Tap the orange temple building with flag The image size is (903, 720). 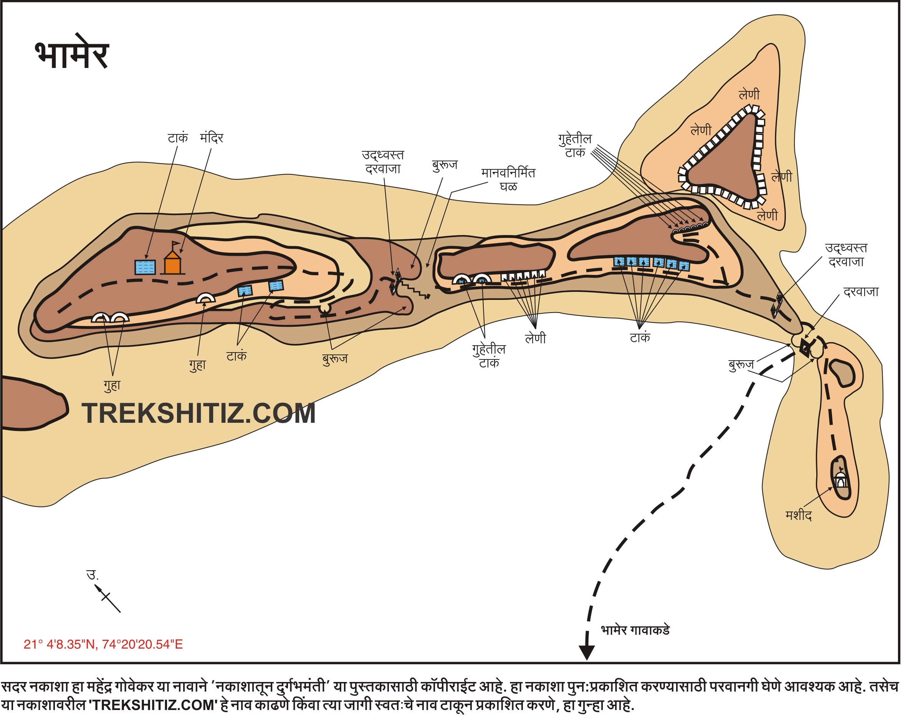(x=172, y=263)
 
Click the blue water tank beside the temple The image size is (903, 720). (x=145, y=267)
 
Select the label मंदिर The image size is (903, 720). (x=212, y=138)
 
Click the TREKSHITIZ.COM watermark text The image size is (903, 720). (x=198, y=414)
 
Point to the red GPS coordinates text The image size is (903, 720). (x=103, y=644)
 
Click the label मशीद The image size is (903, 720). (x=798, y=515)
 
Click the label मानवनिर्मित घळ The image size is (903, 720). (x=508, y=179)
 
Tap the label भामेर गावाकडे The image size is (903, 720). (x=635, y=631)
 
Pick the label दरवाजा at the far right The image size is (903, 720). (x=861, y=291)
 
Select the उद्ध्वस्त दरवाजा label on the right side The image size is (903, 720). (x=846, y=255)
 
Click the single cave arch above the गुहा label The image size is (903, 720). (x=206, y=298)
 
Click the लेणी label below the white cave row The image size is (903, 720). (x=535, y=338)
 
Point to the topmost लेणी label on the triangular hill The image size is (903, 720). (x=749, y=95)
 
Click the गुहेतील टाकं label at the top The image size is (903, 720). (x=575, y=145)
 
